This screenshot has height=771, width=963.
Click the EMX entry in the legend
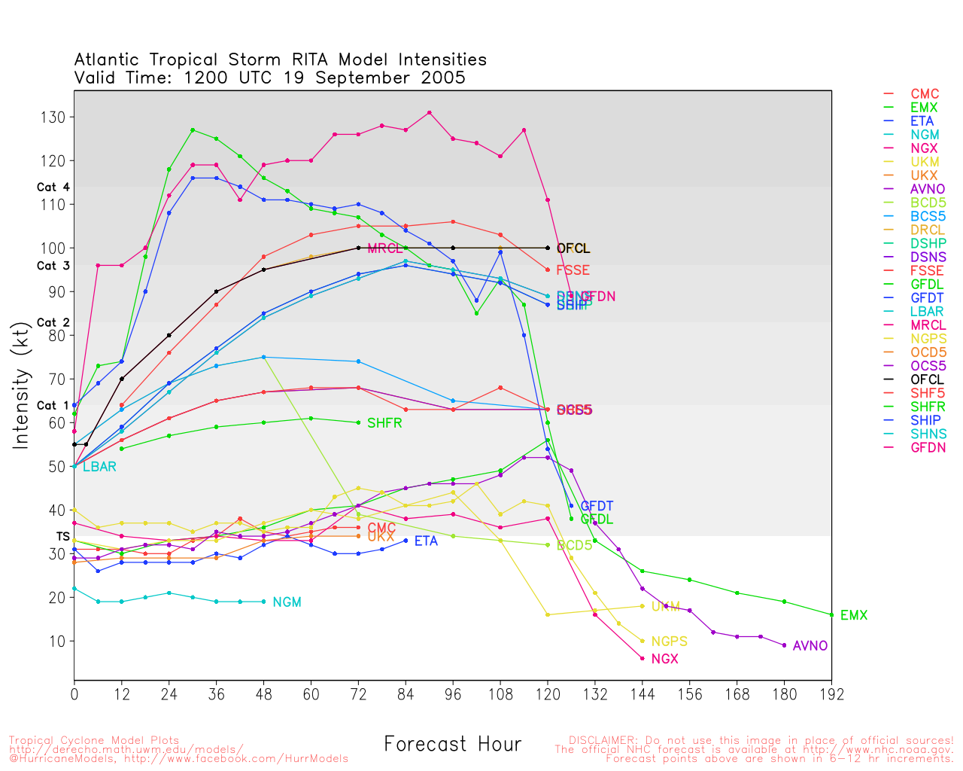(x=924, y=108)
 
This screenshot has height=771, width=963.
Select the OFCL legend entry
(x=927, y=379)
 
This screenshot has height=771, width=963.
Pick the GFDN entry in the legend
(x=928, y=447)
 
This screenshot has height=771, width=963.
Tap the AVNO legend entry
(x=928, y=189)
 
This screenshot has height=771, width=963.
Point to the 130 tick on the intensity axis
(x=57, y=117)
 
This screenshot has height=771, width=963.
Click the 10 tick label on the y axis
(x=57, y=641)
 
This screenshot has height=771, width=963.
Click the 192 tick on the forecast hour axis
(x=831, y=694)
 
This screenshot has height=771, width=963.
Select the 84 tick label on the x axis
(x=406, y=694)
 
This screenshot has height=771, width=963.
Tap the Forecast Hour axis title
(x=452, y=745)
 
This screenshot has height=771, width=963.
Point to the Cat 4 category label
(x=53, y=187)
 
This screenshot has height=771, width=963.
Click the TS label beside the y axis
(x=63, y=537)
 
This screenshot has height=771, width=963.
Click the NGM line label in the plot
(x=287, y=602)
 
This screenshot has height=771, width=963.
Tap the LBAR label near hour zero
(x=99, y=467)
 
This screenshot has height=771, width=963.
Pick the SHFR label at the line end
(x=384, y=423)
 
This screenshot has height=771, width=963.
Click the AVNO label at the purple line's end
(x=810, y=646)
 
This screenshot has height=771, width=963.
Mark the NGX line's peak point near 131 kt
(x=429, y=113)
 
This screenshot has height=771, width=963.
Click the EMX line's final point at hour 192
(x=831, y=615)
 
